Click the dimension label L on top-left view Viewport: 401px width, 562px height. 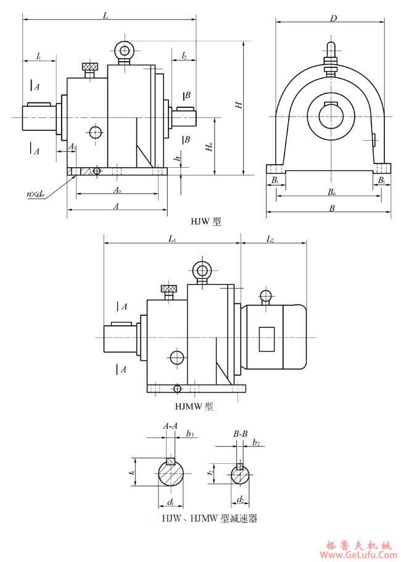coord(106,16)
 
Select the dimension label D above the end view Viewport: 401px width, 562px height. coord(333,19)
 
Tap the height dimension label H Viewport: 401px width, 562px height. coord(238,105)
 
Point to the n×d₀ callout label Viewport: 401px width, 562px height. coord(35,194)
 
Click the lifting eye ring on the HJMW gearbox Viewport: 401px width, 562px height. coord(201,270)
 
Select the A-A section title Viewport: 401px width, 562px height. coord(170,426)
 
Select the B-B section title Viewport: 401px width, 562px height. coord(241,435)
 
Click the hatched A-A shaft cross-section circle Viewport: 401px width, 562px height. coord(170,473)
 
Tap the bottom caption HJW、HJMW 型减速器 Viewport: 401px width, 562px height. coord(209,519)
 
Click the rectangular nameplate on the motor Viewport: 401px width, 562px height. coord(267,339)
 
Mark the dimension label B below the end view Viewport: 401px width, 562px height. coord(332,209)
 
